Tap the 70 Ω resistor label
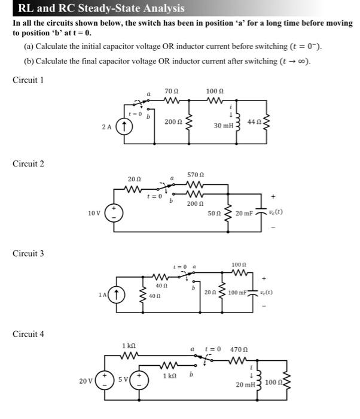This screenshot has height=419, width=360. pos(170,92)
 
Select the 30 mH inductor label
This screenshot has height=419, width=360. pos(224,126)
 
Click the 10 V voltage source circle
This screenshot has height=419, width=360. pos(114,214)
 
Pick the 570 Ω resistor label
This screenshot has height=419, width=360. pos(195,175)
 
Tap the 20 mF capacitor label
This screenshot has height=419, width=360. pos(245,213)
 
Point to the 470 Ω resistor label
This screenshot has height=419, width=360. pos(239,348)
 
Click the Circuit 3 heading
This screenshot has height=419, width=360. pos(28,253)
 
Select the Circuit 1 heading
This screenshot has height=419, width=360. pos(28,80)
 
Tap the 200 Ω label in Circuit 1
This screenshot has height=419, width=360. pos(173,122)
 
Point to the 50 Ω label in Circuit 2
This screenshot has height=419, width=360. pos(213,213)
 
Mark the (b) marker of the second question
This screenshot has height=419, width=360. pos(29,61)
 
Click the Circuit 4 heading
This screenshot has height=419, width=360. pos(28,333)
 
